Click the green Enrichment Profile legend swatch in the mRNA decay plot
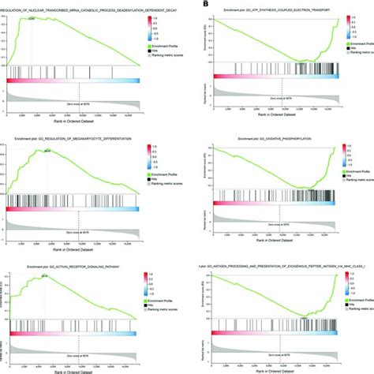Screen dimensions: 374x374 [x=149, y=47]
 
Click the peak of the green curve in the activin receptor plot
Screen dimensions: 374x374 [x=44, y=280]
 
